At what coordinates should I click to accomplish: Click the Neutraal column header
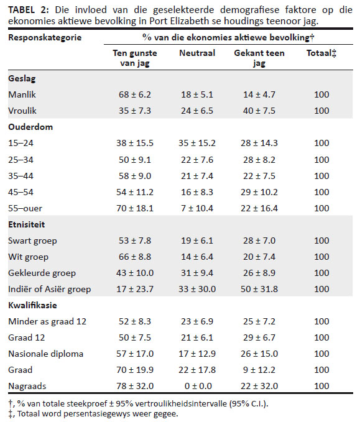197,53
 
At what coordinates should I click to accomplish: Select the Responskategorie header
45,37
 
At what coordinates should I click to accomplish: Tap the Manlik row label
22,94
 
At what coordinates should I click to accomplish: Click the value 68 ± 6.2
135,94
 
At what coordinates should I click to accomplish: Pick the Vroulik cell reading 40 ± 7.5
259,111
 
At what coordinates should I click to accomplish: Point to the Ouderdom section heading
30,127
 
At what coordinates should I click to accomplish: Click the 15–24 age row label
21,143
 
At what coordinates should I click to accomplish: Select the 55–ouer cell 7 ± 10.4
197,208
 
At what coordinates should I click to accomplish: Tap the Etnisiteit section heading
26,224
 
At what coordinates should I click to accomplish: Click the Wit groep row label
28,257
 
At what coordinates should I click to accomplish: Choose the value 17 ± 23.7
135,289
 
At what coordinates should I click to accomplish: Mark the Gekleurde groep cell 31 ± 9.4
197,273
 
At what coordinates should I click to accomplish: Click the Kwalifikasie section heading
32,305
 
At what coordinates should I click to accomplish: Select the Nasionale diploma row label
46,354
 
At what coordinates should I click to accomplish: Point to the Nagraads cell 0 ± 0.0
198,386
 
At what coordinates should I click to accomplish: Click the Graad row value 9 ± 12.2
259,370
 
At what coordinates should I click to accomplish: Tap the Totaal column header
321,53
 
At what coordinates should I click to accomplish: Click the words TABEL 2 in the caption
29,10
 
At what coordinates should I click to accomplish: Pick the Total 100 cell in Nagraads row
321,386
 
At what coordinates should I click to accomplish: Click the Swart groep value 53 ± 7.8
135,241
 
